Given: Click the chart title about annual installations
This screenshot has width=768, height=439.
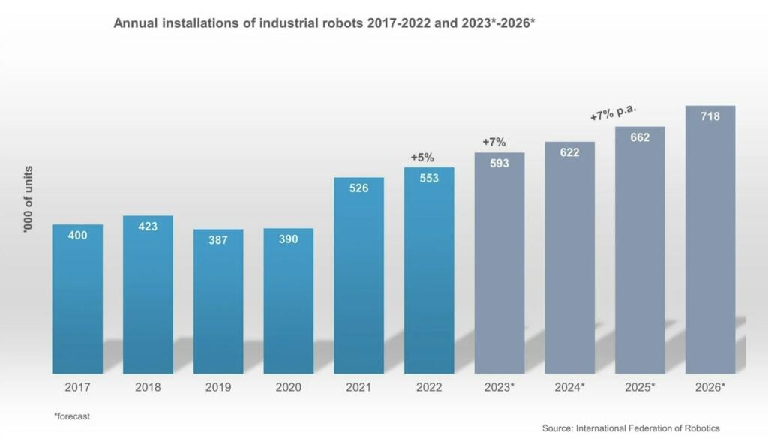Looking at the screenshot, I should tap(324, 23).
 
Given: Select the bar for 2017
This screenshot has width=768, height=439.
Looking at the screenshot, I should tap(78, 300).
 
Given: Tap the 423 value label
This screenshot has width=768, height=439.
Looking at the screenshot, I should tap(148, 226).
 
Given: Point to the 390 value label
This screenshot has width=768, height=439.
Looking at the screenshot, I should tap(288, 239).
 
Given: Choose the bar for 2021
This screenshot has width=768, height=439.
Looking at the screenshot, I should tap(358, 278).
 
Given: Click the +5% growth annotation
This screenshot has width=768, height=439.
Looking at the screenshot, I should tap(422, 158).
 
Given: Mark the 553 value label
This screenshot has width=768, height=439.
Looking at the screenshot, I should tap(429, 178).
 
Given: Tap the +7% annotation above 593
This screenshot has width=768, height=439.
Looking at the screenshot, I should tap(493, 142).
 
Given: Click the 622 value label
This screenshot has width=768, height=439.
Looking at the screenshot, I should tap(569, 152).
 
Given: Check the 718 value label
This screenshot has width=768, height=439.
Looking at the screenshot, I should tap(709, 116).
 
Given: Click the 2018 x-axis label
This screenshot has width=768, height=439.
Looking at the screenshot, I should tap(148, 388).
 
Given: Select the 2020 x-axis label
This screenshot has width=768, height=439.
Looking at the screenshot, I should tap(288, 388).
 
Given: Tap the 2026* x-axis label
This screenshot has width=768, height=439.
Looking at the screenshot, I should tap(709, 388).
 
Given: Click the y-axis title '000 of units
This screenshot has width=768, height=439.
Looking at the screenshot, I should tap(28, 199).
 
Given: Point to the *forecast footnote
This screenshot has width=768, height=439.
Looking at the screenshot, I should tap(71, 415).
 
